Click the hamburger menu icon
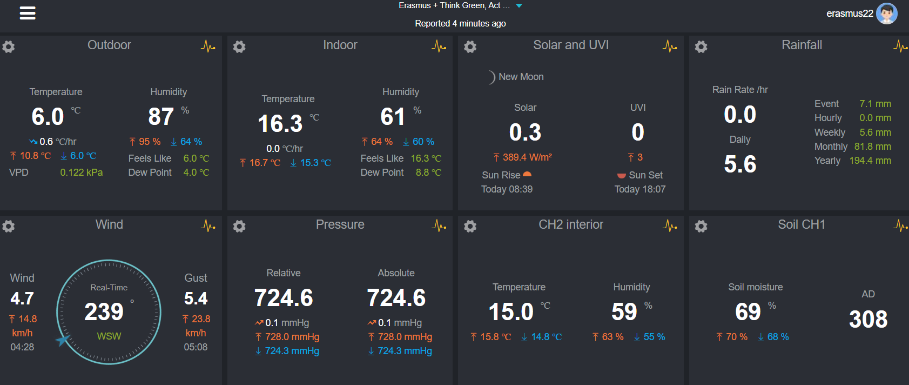[x=28, y=14]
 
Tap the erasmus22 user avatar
[x=886, y=14]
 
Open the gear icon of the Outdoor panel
[x=8, y=47]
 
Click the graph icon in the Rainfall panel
[x=900, y=47]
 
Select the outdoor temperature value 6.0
[x=48, y=117]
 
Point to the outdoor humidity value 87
[x=161, y=117]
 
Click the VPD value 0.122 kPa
[x=81, y=172]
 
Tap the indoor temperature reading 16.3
[x=280, y=124]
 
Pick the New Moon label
[x=521, y=77]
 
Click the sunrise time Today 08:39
[x=507, y=189]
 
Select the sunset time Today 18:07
[x=639, y=189]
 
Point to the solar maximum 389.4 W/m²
[x=527, y=157]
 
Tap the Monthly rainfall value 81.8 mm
[x=872, y=147]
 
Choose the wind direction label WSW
[x=109, y=336]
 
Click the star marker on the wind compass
[x=63, y=340]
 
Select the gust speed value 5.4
[x=196, y=298]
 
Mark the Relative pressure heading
[x=284, y=273]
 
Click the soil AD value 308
[x=868, y=320]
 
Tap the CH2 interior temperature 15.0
[x=511, y=312]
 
